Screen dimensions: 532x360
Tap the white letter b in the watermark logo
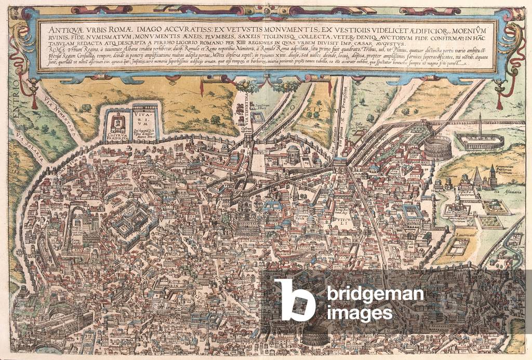tap(295, 300)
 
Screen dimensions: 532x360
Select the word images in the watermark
tap(360, 314)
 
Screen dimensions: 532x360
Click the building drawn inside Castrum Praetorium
tap(118, 124)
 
